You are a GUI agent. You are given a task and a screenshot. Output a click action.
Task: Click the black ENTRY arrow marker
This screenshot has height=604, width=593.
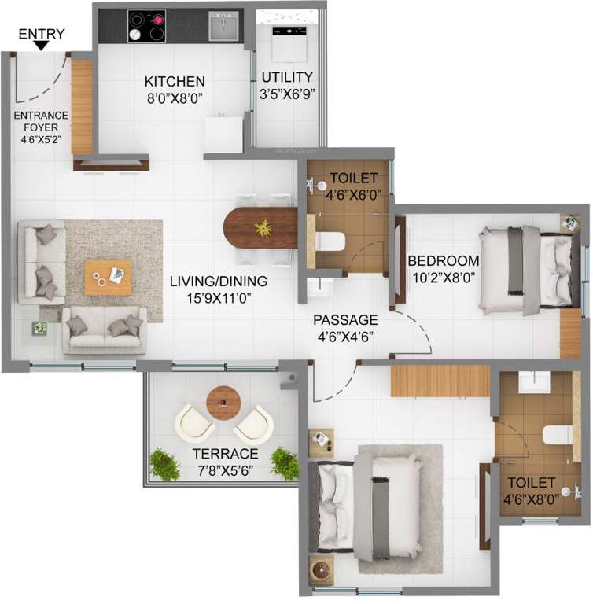tap(42, 46)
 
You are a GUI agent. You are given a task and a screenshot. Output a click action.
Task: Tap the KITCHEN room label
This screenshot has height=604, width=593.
tap(175, 81)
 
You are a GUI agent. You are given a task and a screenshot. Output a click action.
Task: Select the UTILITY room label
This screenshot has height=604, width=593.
tap(287, 77)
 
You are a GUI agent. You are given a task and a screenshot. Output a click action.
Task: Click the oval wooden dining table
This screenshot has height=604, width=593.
tap(260, 228)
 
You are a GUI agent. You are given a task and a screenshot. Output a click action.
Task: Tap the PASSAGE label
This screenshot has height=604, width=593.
tap(345, 320)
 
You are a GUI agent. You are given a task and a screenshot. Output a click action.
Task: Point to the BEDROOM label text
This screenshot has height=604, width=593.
tap(443, 261)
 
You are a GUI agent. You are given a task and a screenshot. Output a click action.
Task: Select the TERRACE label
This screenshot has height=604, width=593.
tap(227, 454)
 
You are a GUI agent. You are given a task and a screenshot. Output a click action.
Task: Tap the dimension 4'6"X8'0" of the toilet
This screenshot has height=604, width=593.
tap(532, 499)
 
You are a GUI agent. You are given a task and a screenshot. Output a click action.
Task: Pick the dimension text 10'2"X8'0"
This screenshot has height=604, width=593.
tap(443, 277)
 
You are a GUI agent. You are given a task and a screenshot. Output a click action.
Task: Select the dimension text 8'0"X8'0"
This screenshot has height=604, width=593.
tap(175, 98)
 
